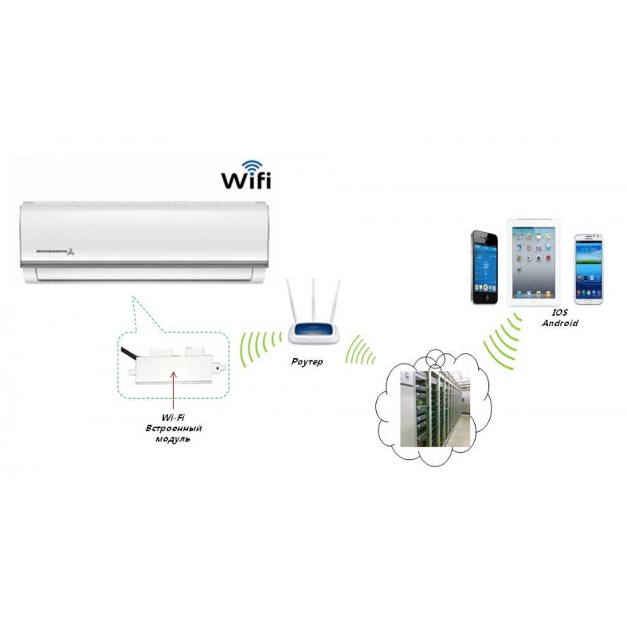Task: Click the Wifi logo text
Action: pyautogui.click(x=245, y=180)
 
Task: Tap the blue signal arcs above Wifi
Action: pyautogui.click(x=252, y=165)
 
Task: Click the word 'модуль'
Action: pyautogui.click(x=172, y=440)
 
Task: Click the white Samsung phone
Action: pyautogui.click(x=588, y=268)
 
